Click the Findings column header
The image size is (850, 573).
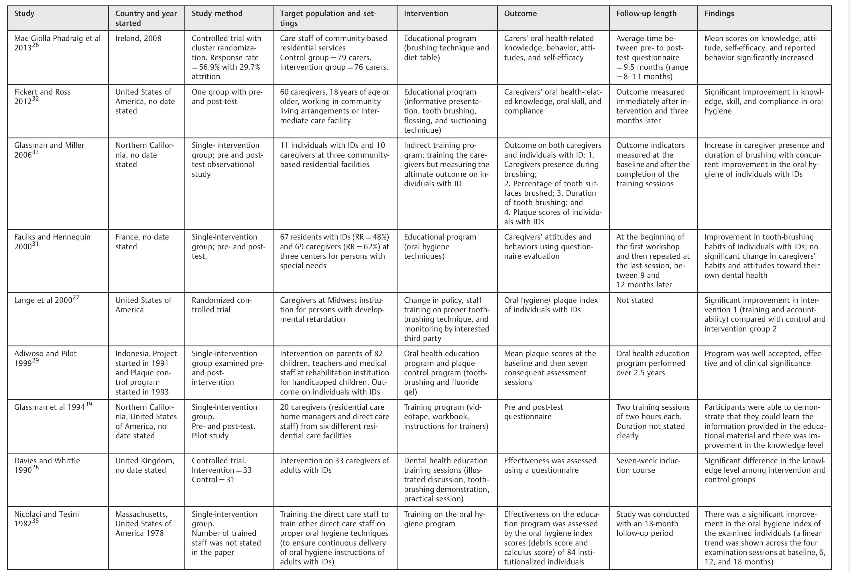719,14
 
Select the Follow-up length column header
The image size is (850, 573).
646,14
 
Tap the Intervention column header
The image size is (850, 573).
426,14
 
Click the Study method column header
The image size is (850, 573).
217,14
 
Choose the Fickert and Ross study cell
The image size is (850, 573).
42,97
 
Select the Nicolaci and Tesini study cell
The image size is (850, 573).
46,519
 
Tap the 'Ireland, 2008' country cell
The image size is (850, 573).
138,39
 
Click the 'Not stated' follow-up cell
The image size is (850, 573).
634,300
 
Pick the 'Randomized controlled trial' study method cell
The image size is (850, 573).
221,305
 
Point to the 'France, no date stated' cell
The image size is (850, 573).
142,242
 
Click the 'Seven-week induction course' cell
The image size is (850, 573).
648,465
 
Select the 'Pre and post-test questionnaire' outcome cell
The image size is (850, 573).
533,412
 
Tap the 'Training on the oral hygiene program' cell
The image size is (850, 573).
444,519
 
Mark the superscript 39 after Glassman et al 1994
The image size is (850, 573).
88,405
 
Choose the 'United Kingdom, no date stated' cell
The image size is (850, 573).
145,465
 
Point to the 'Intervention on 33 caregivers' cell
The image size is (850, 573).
334,465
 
